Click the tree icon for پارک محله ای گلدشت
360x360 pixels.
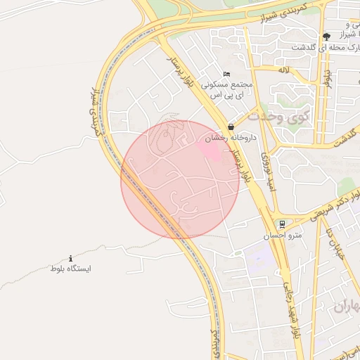326,37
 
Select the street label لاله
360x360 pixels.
284,70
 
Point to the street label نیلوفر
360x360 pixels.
327,75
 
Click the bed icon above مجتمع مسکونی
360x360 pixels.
226,74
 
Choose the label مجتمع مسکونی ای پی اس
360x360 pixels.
226,89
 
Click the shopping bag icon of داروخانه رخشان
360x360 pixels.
231,127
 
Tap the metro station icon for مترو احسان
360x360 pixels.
282,224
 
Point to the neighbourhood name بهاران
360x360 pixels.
345,305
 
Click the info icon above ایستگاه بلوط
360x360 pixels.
70,259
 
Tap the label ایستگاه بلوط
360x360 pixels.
71,269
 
